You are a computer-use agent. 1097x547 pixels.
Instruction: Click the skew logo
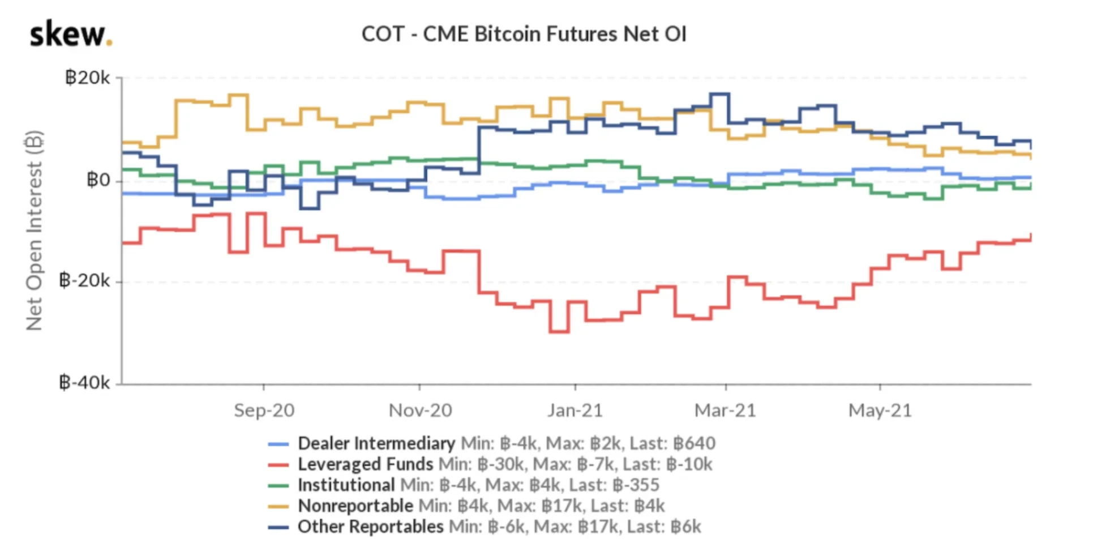pos(71,35)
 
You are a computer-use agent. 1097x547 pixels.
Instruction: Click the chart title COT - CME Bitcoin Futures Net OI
pos(524,34)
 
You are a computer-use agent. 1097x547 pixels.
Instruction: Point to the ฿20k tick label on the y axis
pos(88,78)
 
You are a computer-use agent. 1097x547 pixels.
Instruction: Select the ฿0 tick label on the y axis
pos(98,180)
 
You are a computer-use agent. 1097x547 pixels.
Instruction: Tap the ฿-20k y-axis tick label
pos(85,281)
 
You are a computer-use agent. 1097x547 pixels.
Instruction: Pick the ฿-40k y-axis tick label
pos(85,383)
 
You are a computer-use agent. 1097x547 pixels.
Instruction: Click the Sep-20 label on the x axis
pos(264,410)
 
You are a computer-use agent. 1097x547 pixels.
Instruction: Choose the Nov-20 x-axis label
pos(420,410)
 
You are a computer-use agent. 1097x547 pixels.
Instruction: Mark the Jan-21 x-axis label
pos(575,410)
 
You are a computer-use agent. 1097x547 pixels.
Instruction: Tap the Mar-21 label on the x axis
pos(725,410)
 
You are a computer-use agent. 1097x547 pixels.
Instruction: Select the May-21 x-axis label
pos(880,410)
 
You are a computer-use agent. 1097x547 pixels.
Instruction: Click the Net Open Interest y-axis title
pos(34,230)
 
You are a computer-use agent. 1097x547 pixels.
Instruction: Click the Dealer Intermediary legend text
pos(376,443)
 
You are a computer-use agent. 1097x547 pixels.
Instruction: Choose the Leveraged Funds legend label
pos(365,464)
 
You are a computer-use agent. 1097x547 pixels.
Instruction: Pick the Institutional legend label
pos(346,485)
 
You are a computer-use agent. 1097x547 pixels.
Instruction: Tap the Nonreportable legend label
pos(355,505)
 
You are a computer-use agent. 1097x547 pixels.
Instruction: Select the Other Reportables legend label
pos(370,526)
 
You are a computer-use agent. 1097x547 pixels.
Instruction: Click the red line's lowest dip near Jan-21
pos(559,331)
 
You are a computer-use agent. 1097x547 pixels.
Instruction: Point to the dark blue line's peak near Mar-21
pos(719,94)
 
